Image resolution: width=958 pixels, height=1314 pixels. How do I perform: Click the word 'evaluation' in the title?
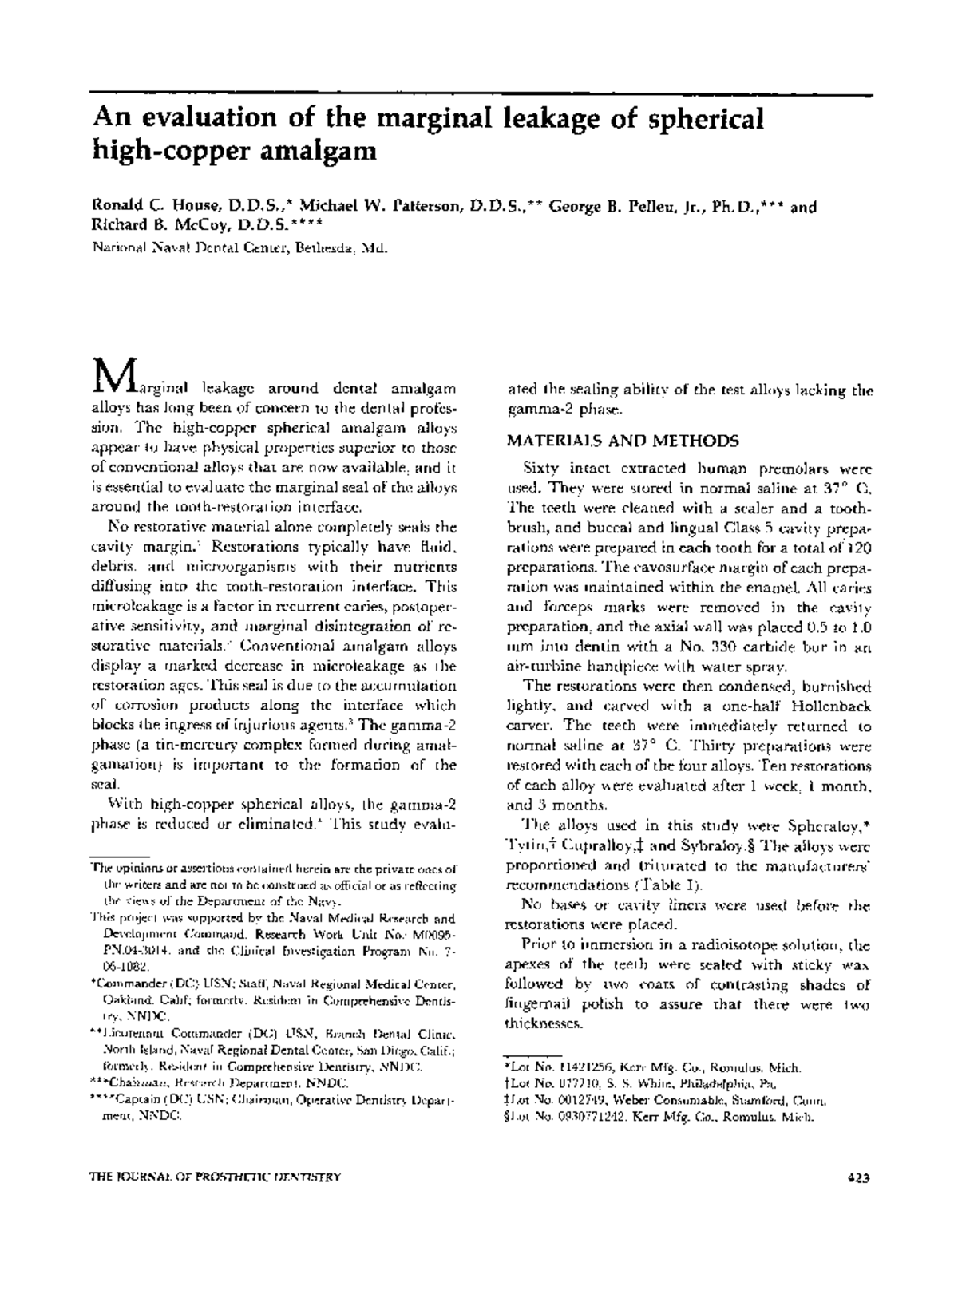[x=205, y=119]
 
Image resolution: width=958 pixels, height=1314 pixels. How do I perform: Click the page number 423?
[x=857, y=1177]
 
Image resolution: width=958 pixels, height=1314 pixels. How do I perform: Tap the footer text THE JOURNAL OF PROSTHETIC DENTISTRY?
[x=217, y=1177]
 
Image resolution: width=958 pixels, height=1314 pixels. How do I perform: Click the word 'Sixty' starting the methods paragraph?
[x=540, y=469]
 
